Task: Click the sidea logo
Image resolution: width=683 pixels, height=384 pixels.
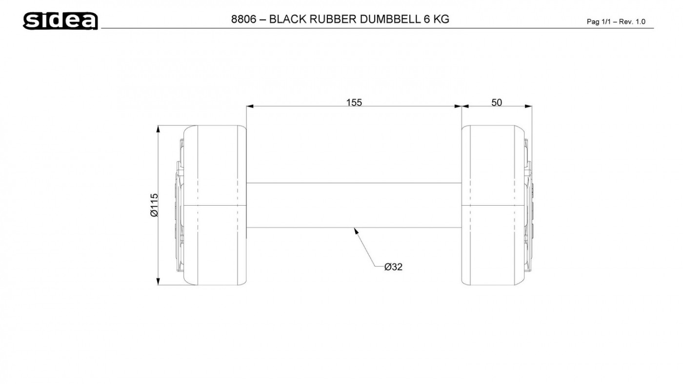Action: point(60,20)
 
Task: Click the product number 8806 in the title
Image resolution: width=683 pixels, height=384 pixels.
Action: point(243,19)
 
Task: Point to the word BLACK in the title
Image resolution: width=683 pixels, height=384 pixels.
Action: point(287,19)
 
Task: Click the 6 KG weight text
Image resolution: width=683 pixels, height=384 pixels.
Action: point(436,19)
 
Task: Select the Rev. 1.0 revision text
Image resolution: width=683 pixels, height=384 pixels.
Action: point(632,21)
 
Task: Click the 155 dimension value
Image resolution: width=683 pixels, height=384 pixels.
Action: point(354,102)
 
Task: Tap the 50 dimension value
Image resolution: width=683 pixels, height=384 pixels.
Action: point(497,102)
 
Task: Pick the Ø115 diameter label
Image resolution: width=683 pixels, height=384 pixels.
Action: point(154,205)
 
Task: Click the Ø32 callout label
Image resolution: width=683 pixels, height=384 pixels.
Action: point(393,267)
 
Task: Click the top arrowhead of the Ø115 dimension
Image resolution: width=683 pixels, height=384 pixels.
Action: point(158,129)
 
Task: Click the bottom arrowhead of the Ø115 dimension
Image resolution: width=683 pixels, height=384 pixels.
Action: point(158,282)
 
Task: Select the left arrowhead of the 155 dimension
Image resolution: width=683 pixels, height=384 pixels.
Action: point(250,106)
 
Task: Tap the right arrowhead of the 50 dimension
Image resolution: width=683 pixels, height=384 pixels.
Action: point(528,106)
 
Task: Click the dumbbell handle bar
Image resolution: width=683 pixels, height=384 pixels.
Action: point(354,205)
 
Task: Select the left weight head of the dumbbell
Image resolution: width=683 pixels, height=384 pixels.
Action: point(211,205)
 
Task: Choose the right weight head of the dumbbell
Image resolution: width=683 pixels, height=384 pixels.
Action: point(497,205)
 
